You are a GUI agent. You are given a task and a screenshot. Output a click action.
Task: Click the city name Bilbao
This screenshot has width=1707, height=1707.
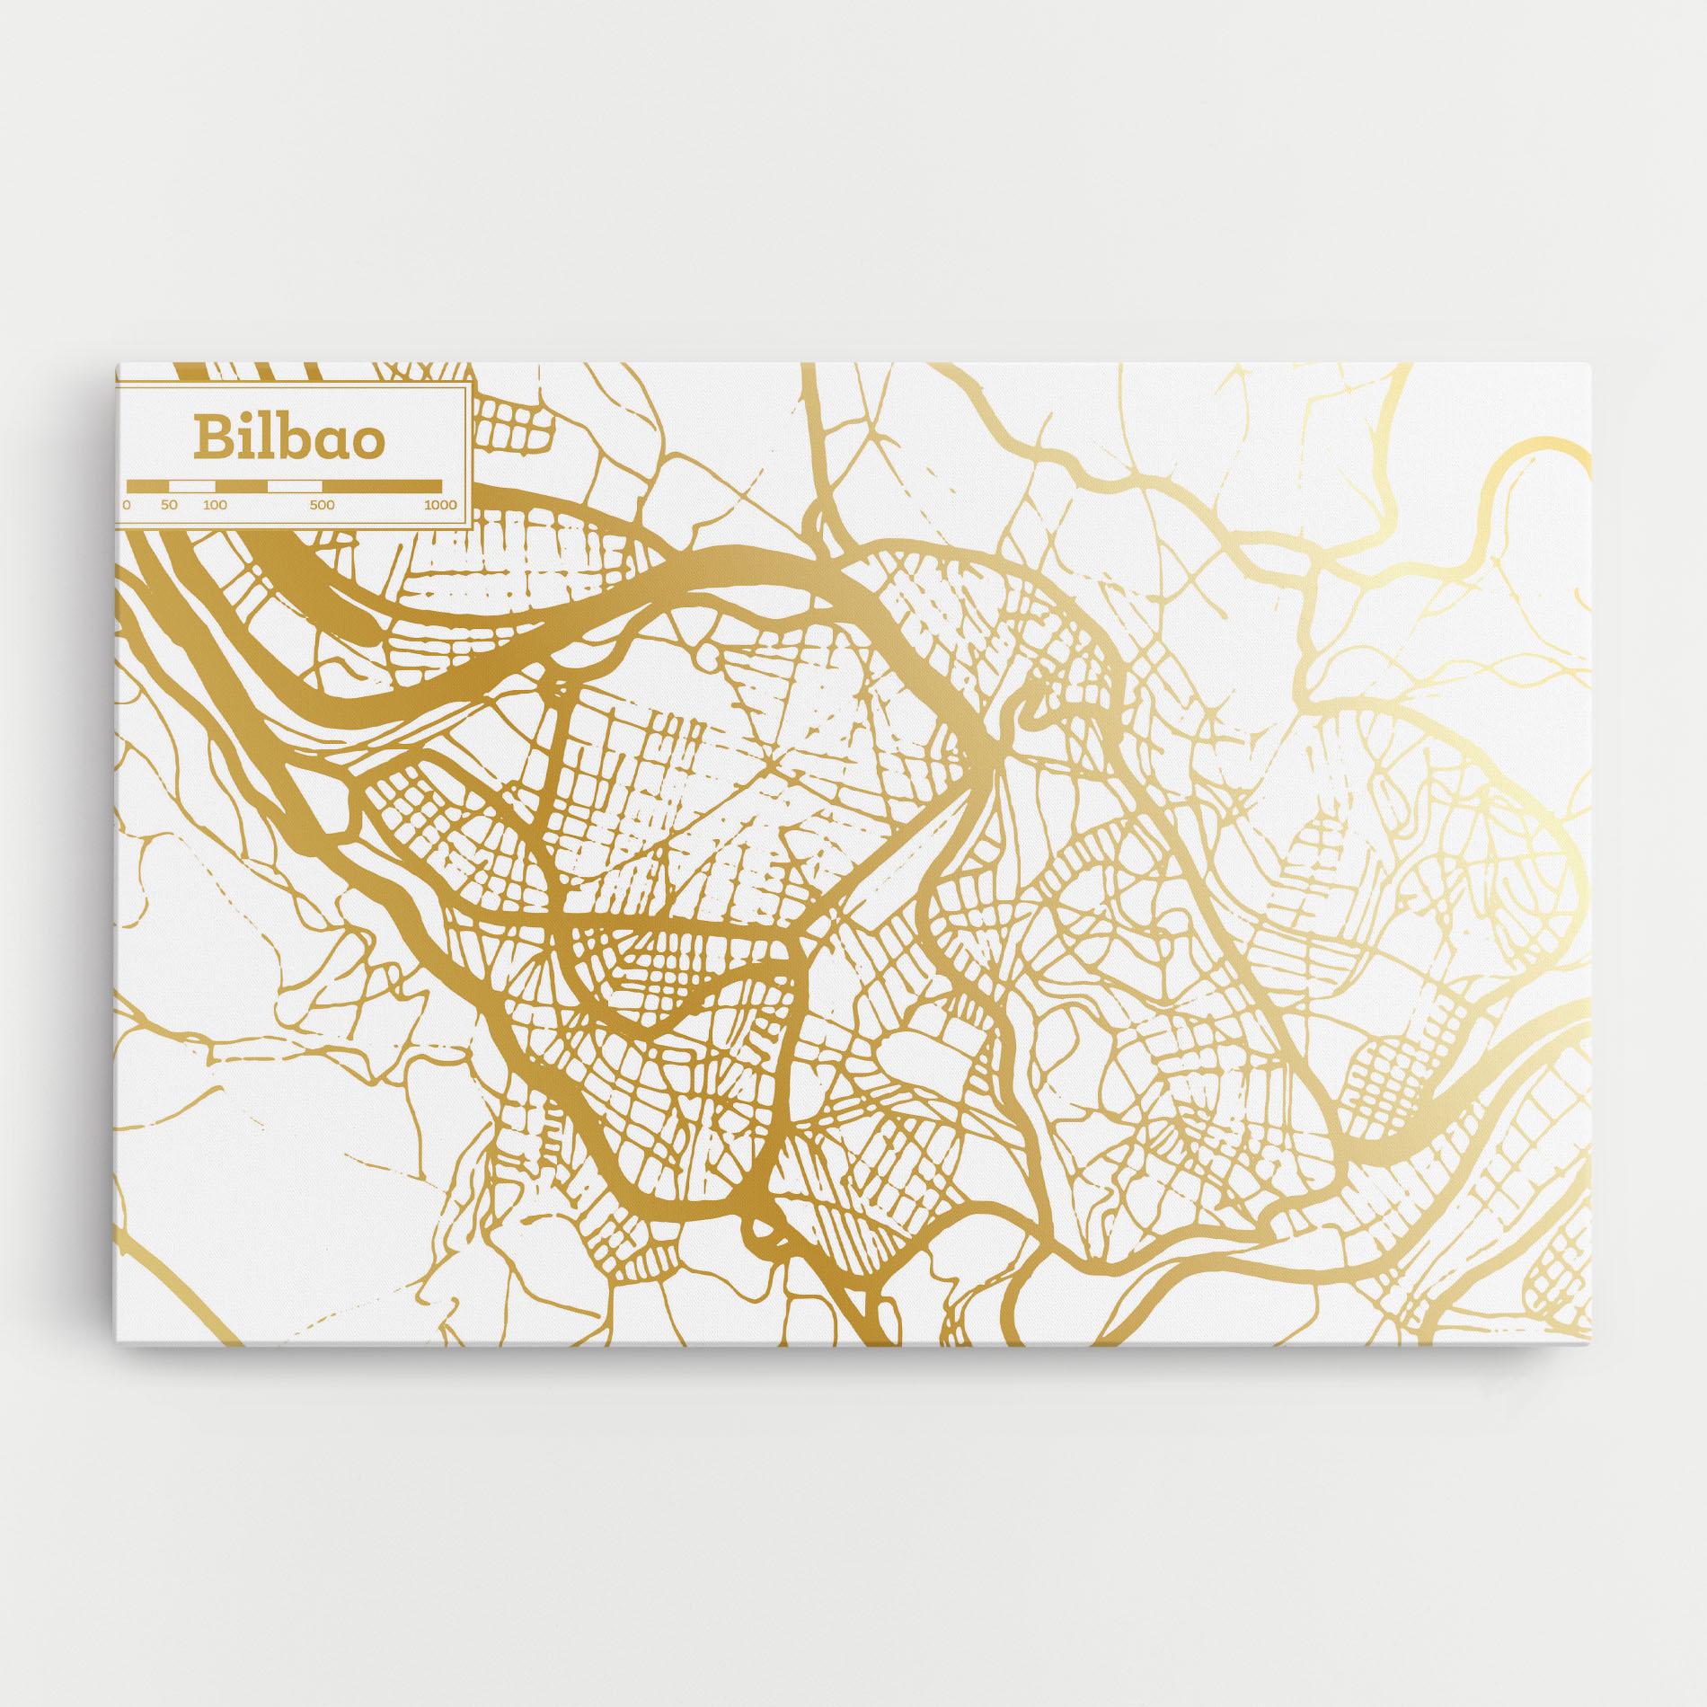click(288, 438)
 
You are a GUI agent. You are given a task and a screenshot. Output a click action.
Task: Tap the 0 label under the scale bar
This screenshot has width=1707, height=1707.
click(127, 505)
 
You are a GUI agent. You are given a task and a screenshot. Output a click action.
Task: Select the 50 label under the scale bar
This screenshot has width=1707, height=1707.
click(169, 505)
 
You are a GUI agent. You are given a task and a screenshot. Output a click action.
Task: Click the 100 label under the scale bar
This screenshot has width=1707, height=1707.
click(215, 505)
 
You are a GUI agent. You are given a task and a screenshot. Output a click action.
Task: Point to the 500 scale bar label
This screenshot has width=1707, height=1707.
click(322, 505)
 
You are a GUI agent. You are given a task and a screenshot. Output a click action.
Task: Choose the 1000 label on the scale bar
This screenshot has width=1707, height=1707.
click(440, 505)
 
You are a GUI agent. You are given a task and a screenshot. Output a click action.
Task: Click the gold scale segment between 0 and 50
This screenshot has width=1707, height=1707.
click(147, 486)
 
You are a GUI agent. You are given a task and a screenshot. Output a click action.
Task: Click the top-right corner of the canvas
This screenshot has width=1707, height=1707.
click(1589, 365)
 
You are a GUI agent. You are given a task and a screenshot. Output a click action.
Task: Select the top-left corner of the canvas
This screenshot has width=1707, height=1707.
click(117, 365)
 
